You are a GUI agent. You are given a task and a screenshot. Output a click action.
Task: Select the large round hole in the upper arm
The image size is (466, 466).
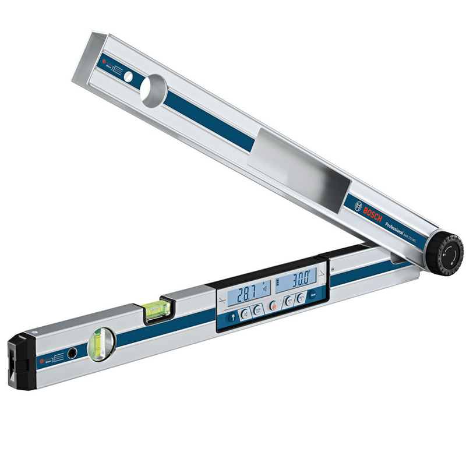[x=153, y=89]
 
